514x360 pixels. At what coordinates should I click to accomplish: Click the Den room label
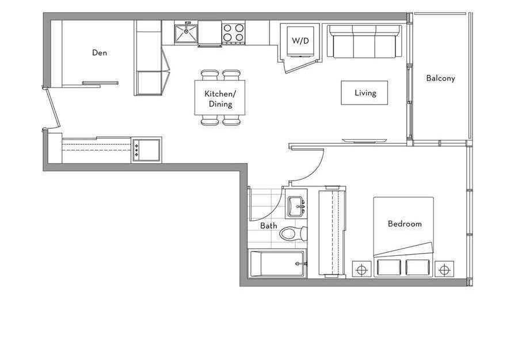[x=100, y=53]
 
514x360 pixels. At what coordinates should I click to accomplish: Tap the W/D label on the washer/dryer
[x=300, y=41]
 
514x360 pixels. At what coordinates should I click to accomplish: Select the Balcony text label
[x=440, y=78]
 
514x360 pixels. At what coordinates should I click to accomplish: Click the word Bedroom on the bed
[x=405, y=224]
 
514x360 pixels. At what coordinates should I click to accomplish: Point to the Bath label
[x=268, y=225]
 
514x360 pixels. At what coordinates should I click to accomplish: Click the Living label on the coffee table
[x=365, y=93]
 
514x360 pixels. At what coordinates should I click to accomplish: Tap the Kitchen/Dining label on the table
[x=220, y=99]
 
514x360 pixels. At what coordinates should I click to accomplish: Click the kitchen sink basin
[x=186, y=33]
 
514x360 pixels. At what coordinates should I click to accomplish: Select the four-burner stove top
[x=233, y=33]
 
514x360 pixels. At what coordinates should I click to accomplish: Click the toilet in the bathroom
[x=294, y=233]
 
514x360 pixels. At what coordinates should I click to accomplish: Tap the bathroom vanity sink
[x=296, y=207]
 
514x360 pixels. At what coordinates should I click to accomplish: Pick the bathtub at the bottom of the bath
[x=278, y=263]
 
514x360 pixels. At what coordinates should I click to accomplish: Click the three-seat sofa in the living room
[x=365, y=41]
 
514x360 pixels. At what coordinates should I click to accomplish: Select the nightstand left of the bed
[x=361, y=270]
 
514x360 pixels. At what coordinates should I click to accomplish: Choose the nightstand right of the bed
[x=444, y=270]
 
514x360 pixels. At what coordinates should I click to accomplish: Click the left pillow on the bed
[x=389, y=267]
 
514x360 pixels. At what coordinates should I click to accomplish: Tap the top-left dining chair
[x=210, y=75]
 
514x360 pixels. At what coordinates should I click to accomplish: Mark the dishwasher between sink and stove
[x=210, y=33]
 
